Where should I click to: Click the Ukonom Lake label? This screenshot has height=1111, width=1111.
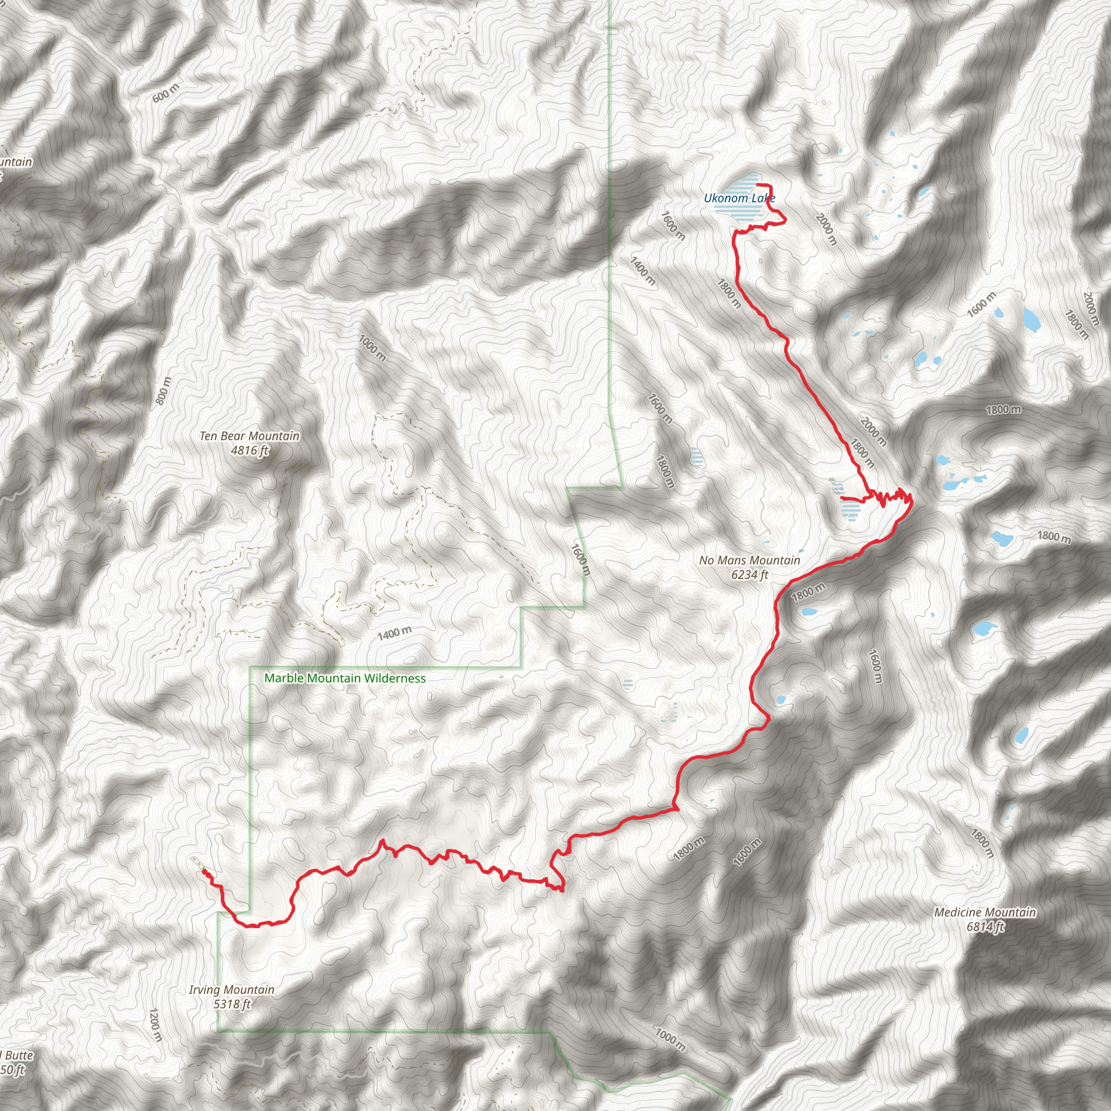(739, 199)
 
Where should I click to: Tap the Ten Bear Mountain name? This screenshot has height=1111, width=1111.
(250, 436)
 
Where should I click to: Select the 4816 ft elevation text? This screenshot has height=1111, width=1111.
(250, 450)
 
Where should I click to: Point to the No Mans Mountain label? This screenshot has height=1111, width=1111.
(749, 560)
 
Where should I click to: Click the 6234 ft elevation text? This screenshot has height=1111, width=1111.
(749, 574)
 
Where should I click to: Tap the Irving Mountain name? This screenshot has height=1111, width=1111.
(231, 989)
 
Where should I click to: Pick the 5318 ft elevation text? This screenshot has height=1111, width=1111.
(231, 1004)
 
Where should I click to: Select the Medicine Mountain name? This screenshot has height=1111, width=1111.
(985, 912)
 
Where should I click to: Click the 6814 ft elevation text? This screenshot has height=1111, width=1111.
(985, 927)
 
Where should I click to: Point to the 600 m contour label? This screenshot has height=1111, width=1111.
(165, 93)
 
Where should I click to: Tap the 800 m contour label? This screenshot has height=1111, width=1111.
(164, 390)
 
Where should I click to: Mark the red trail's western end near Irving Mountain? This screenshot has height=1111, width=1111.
(204, 872)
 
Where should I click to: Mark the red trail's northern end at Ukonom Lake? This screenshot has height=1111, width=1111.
(758, 184)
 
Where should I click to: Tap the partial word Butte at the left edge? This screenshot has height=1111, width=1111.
(18, 1055)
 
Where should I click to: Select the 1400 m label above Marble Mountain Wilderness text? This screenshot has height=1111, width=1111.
(394, 634)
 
